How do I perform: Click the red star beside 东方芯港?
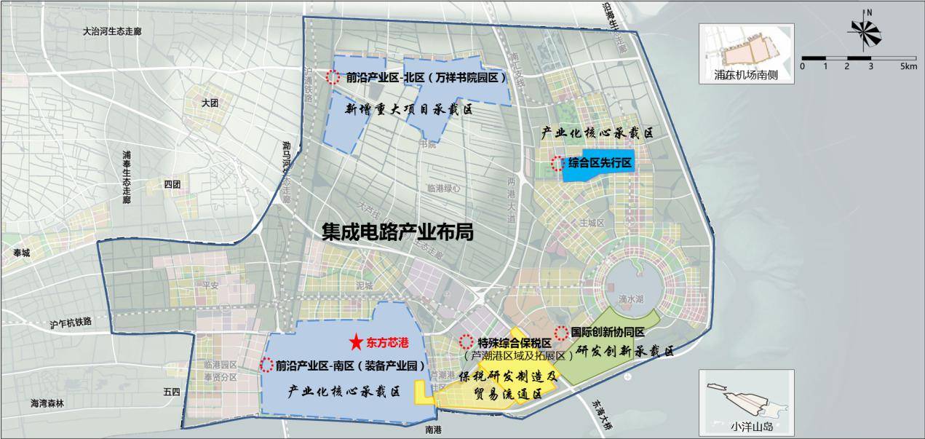(355, 341)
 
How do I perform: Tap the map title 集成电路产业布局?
(398, 232)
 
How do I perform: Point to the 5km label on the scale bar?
(908, 66)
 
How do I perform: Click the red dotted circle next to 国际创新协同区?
(561, 333)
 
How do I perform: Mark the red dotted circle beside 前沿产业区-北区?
(333, 76)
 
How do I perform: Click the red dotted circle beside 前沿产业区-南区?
(266, 365)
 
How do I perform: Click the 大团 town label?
(210, 103)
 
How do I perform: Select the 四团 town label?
(172, 184)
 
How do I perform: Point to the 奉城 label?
(23, 253)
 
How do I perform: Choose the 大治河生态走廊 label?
(112, 32)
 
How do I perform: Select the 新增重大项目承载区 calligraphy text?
(408, 110)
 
